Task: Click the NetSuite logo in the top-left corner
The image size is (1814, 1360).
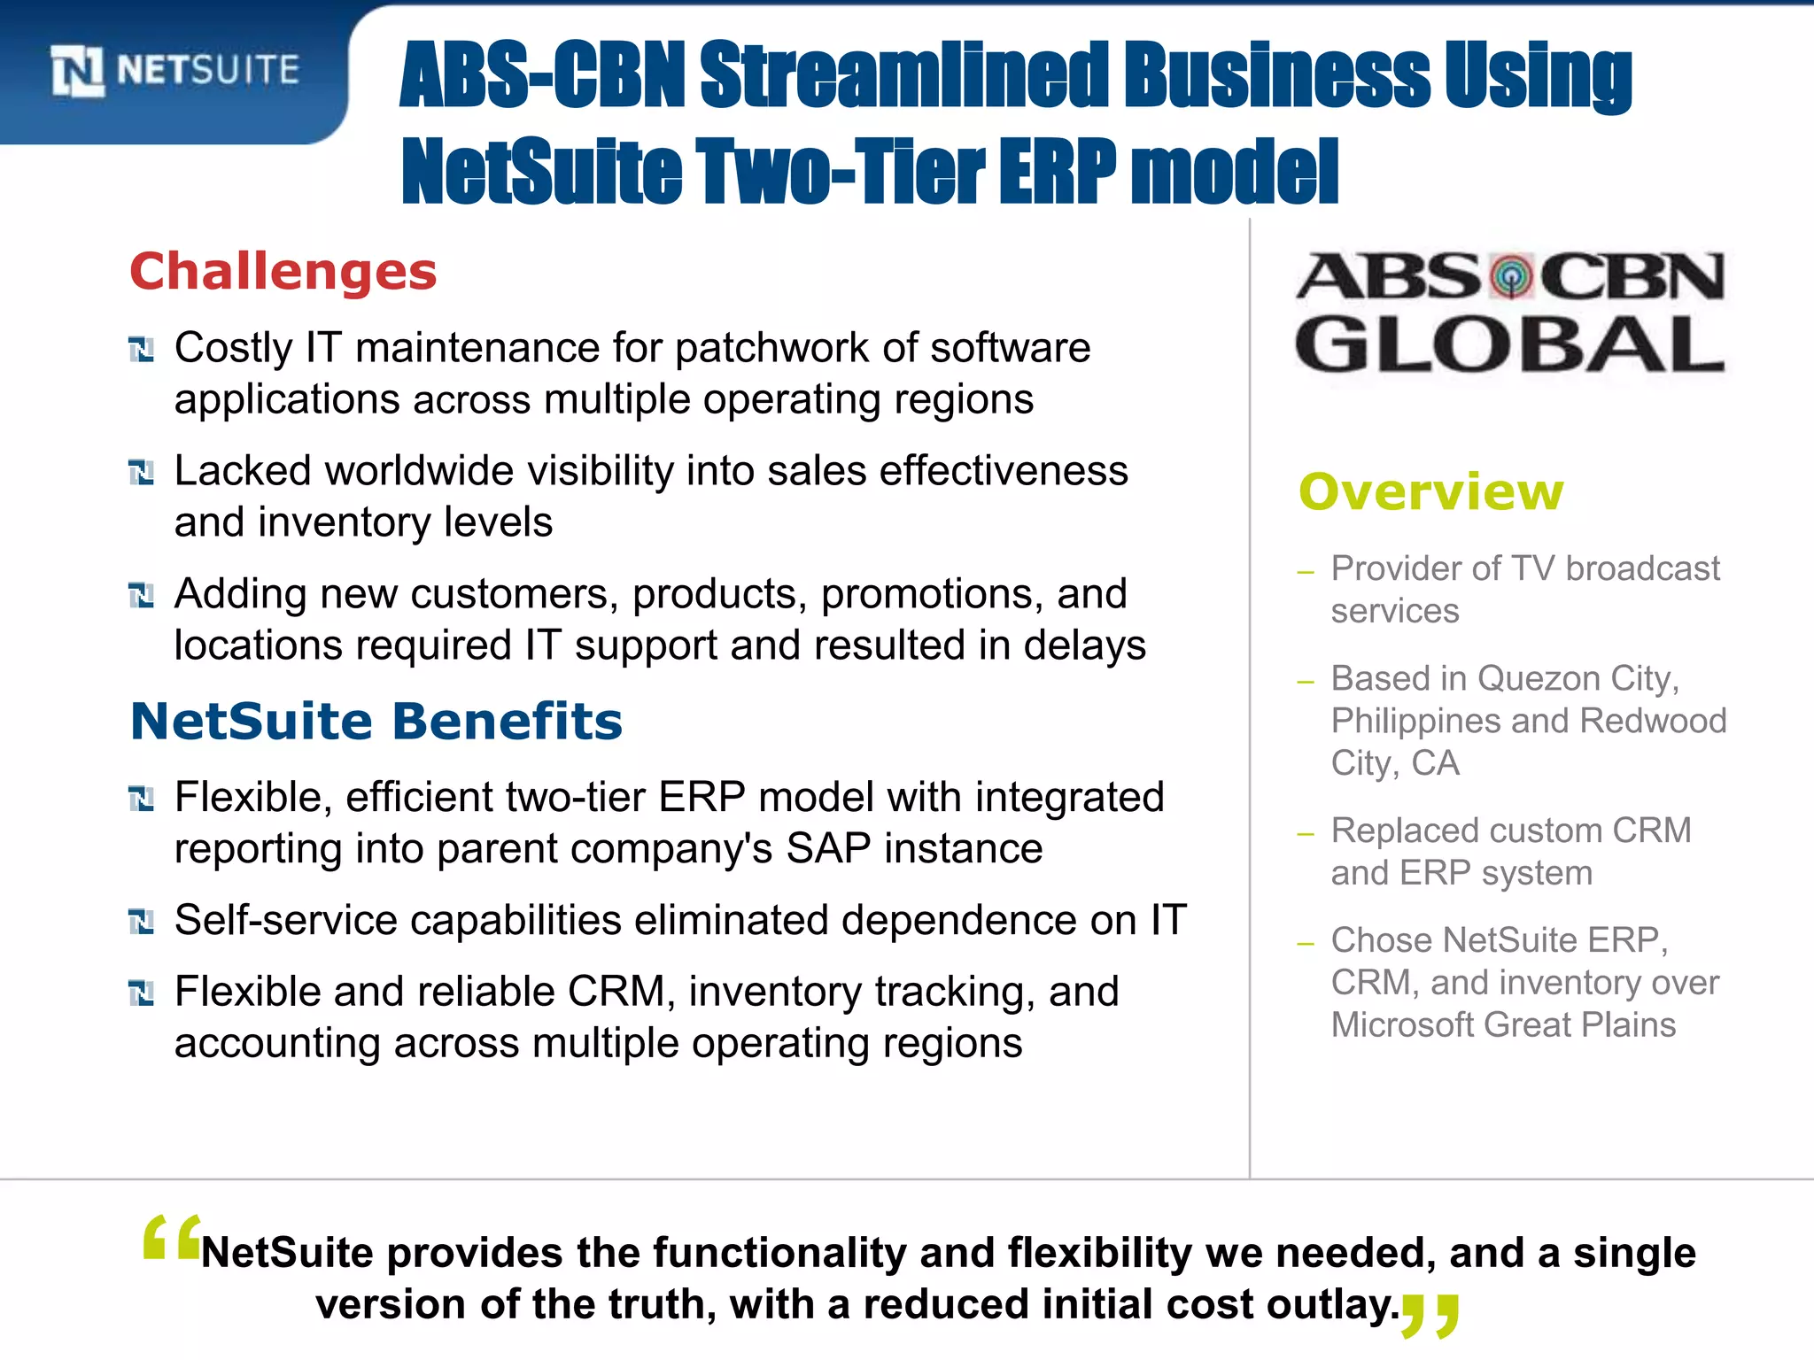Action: pos(175,70)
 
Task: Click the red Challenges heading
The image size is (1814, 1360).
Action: pos(283,271)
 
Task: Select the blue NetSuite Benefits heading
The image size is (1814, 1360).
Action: pos(376,721)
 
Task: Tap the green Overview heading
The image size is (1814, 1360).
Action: pos(1431,491)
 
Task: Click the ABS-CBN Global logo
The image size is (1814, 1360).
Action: pos(1510,312)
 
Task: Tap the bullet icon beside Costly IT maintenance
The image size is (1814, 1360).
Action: pos(141,350)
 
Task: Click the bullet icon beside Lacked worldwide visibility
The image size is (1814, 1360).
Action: pos(141,472)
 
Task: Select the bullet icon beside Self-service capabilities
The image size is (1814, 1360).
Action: pos(141,922)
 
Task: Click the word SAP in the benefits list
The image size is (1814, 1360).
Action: pos(829,849)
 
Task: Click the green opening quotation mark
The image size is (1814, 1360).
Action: pos(171,1238)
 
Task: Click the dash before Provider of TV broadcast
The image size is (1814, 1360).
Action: pos(1305,572)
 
